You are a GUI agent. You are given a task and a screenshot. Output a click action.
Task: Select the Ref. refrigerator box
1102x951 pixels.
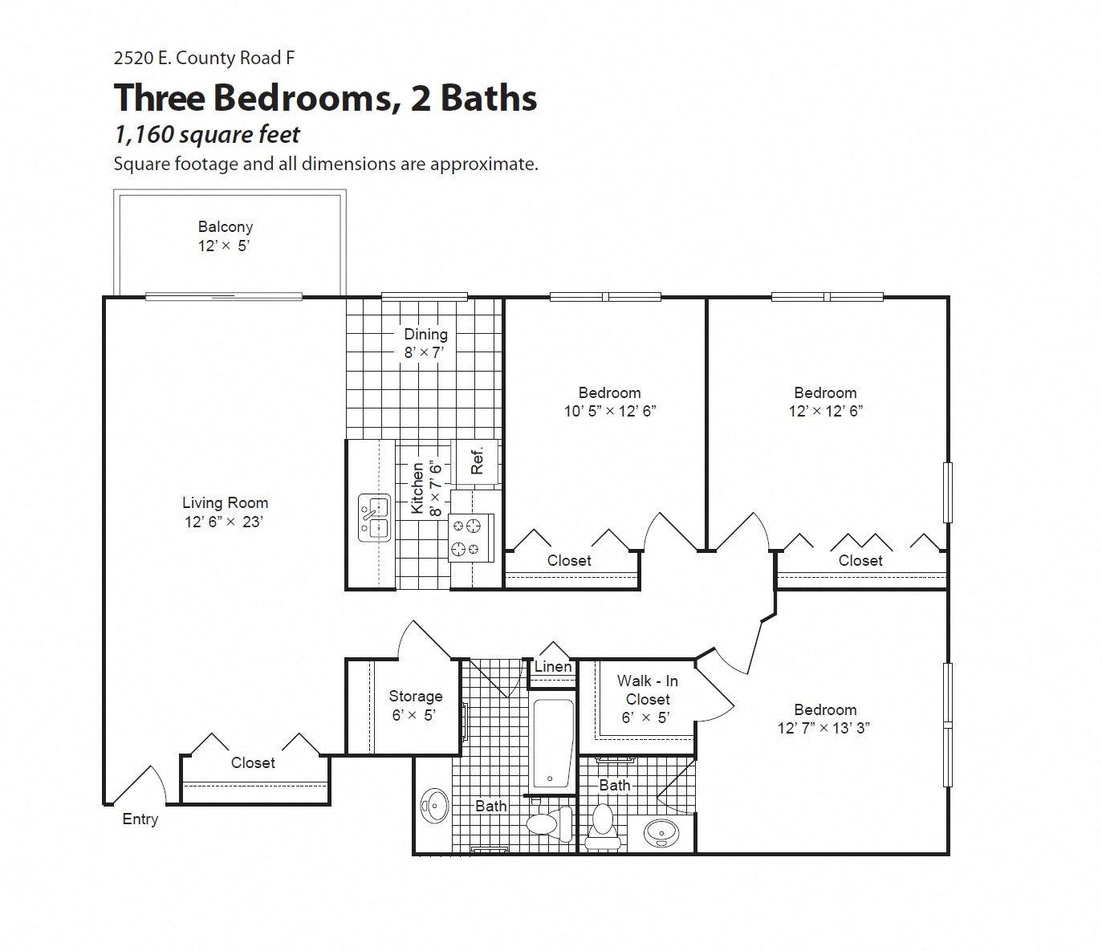[x=476, y=460]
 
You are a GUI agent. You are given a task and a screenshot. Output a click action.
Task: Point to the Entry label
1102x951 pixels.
[x=140, y=819]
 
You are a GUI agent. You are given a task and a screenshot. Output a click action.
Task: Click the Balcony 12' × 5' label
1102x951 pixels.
[x=226, y=237]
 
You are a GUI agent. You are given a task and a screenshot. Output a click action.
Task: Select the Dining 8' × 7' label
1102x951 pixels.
[x=425, y=343]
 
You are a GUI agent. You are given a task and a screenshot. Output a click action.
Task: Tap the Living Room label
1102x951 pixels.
[x=225, y=512]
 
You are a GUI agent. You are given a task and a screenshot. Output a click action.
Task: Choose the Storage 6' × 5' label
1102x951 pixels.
[x=415, y=705]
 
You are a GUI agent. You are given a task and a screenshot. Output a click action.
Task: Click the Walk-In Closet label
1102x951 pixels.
[x=647, y=699]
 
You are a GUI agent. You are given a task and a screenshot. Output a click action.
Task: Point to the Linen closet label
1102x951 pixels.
[x=553, y=667]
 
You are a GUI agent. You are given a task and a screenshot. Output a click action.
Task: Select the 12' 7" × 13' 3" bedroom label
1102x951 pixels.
[x=824, y=719]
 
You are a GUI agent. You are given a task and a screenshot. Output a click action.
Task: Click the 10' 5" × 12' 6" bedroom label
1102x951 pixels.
[x=609, y=402]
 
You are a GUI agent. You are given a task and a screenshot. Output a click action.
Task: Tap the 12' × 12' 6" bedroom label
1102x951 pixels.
[x=825, y=402]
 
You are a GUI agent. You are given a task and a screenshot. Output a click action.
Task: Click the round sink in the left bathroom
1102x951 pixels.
[x=436, y=805]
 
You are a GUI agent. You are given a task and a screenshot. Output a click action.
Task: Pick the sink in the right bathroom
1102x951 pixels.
[x=661, y=833]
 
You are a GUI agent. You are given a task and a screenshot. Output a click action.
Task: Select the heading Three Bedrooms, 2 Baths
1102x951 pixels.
[x=325, y=98]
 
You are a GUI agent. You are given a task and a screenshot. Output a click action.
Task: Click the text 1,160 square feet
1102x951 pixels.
[x=207, y=135]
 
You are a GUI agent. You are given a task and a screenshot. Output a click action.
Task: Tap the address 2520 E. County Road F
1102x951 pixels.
[x=198, y=58]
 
